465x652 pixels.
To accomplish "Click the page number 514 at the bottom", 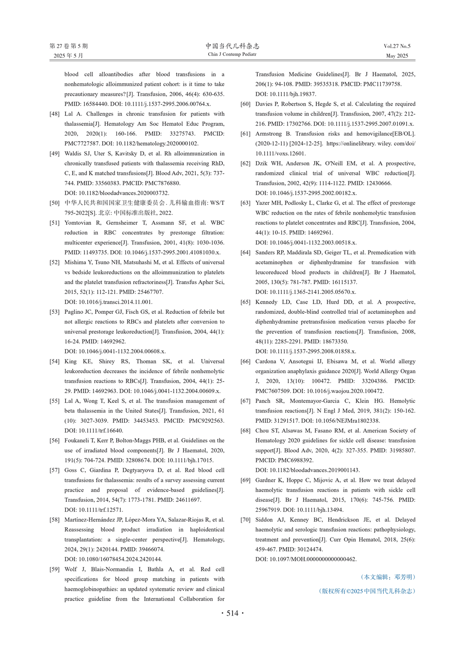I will (232, 613).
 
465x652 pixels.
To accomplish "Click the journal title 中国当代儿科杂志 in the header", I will (232, 46).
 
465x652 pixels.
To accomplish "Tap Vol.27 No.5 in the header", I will (397, 46).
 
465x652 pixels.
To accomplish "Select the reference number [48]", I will (54, 114).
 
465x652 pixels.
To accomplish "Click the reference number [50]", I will (54, 203).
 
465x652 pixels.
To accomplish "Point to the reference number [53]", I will (54, 312).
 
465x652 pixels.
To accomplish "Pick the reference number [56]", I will (54, 441).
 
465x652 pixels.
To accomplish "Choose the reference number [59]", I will (54, 570).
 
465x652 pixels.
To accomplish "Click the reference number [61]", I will (245, 134).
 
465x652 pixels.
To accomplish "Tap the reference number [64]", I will (245, 253).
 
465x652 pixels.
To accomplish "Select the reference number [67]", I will (245, 401).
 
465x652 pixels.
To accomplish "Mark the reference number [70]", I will (245, 520).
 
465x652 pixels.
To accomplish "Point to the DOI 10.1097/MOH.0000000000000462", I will (306, 559).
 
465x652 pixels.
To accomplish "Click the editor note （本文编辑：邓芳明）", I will (388, 577).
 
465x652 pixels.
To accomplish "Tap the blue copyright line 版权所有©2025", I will (367, 591).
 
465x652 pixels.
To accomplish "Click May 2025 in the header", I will (397, 56).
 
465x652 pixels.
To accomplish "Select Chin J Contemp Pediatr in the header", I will (232, 54).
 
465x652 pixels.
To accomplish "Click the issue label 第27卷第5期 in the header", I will (69, 46).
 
